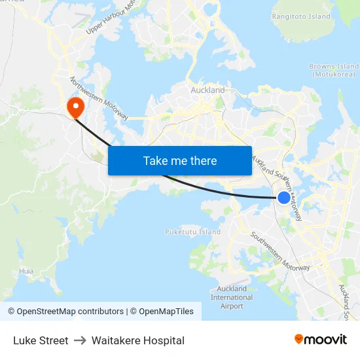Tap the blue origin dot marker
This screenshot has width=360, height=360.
coord(284,197)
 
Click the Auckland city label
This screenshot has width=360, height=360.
coord(207,90)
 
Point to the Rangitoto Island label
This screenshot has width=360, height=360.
coord(301,16)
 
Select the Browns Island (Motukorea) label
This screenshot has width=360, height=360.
coord(334,70)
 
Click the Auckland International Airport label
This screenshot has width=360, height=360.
coord(232,297)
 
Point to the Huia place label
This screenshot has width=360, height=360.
coord(26,270)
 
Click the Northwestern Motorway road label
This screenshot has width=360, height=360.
coord(99,99)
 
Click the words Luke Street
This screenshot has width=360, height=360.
coord(41,340)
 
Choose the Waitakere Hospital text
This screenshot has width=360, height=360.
coord(138,340)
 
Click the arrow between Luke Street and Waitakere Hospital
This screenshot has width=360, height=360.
coord(80,340)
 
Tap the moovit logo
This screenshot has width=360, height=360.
coord(320,340)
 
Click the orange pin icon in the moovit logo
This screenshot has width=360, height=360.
coord(299,340)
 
